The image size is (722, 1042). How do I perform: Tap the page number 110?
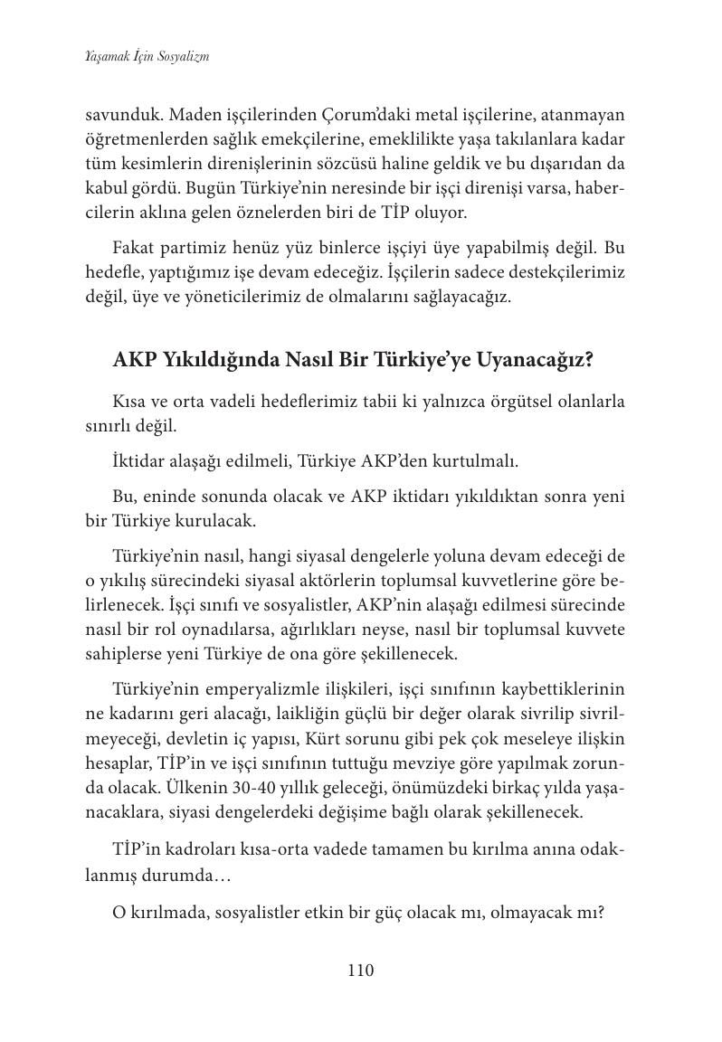coord(360,971)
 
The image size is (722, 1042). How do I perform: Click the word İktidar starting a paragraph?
coord(141,460)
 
